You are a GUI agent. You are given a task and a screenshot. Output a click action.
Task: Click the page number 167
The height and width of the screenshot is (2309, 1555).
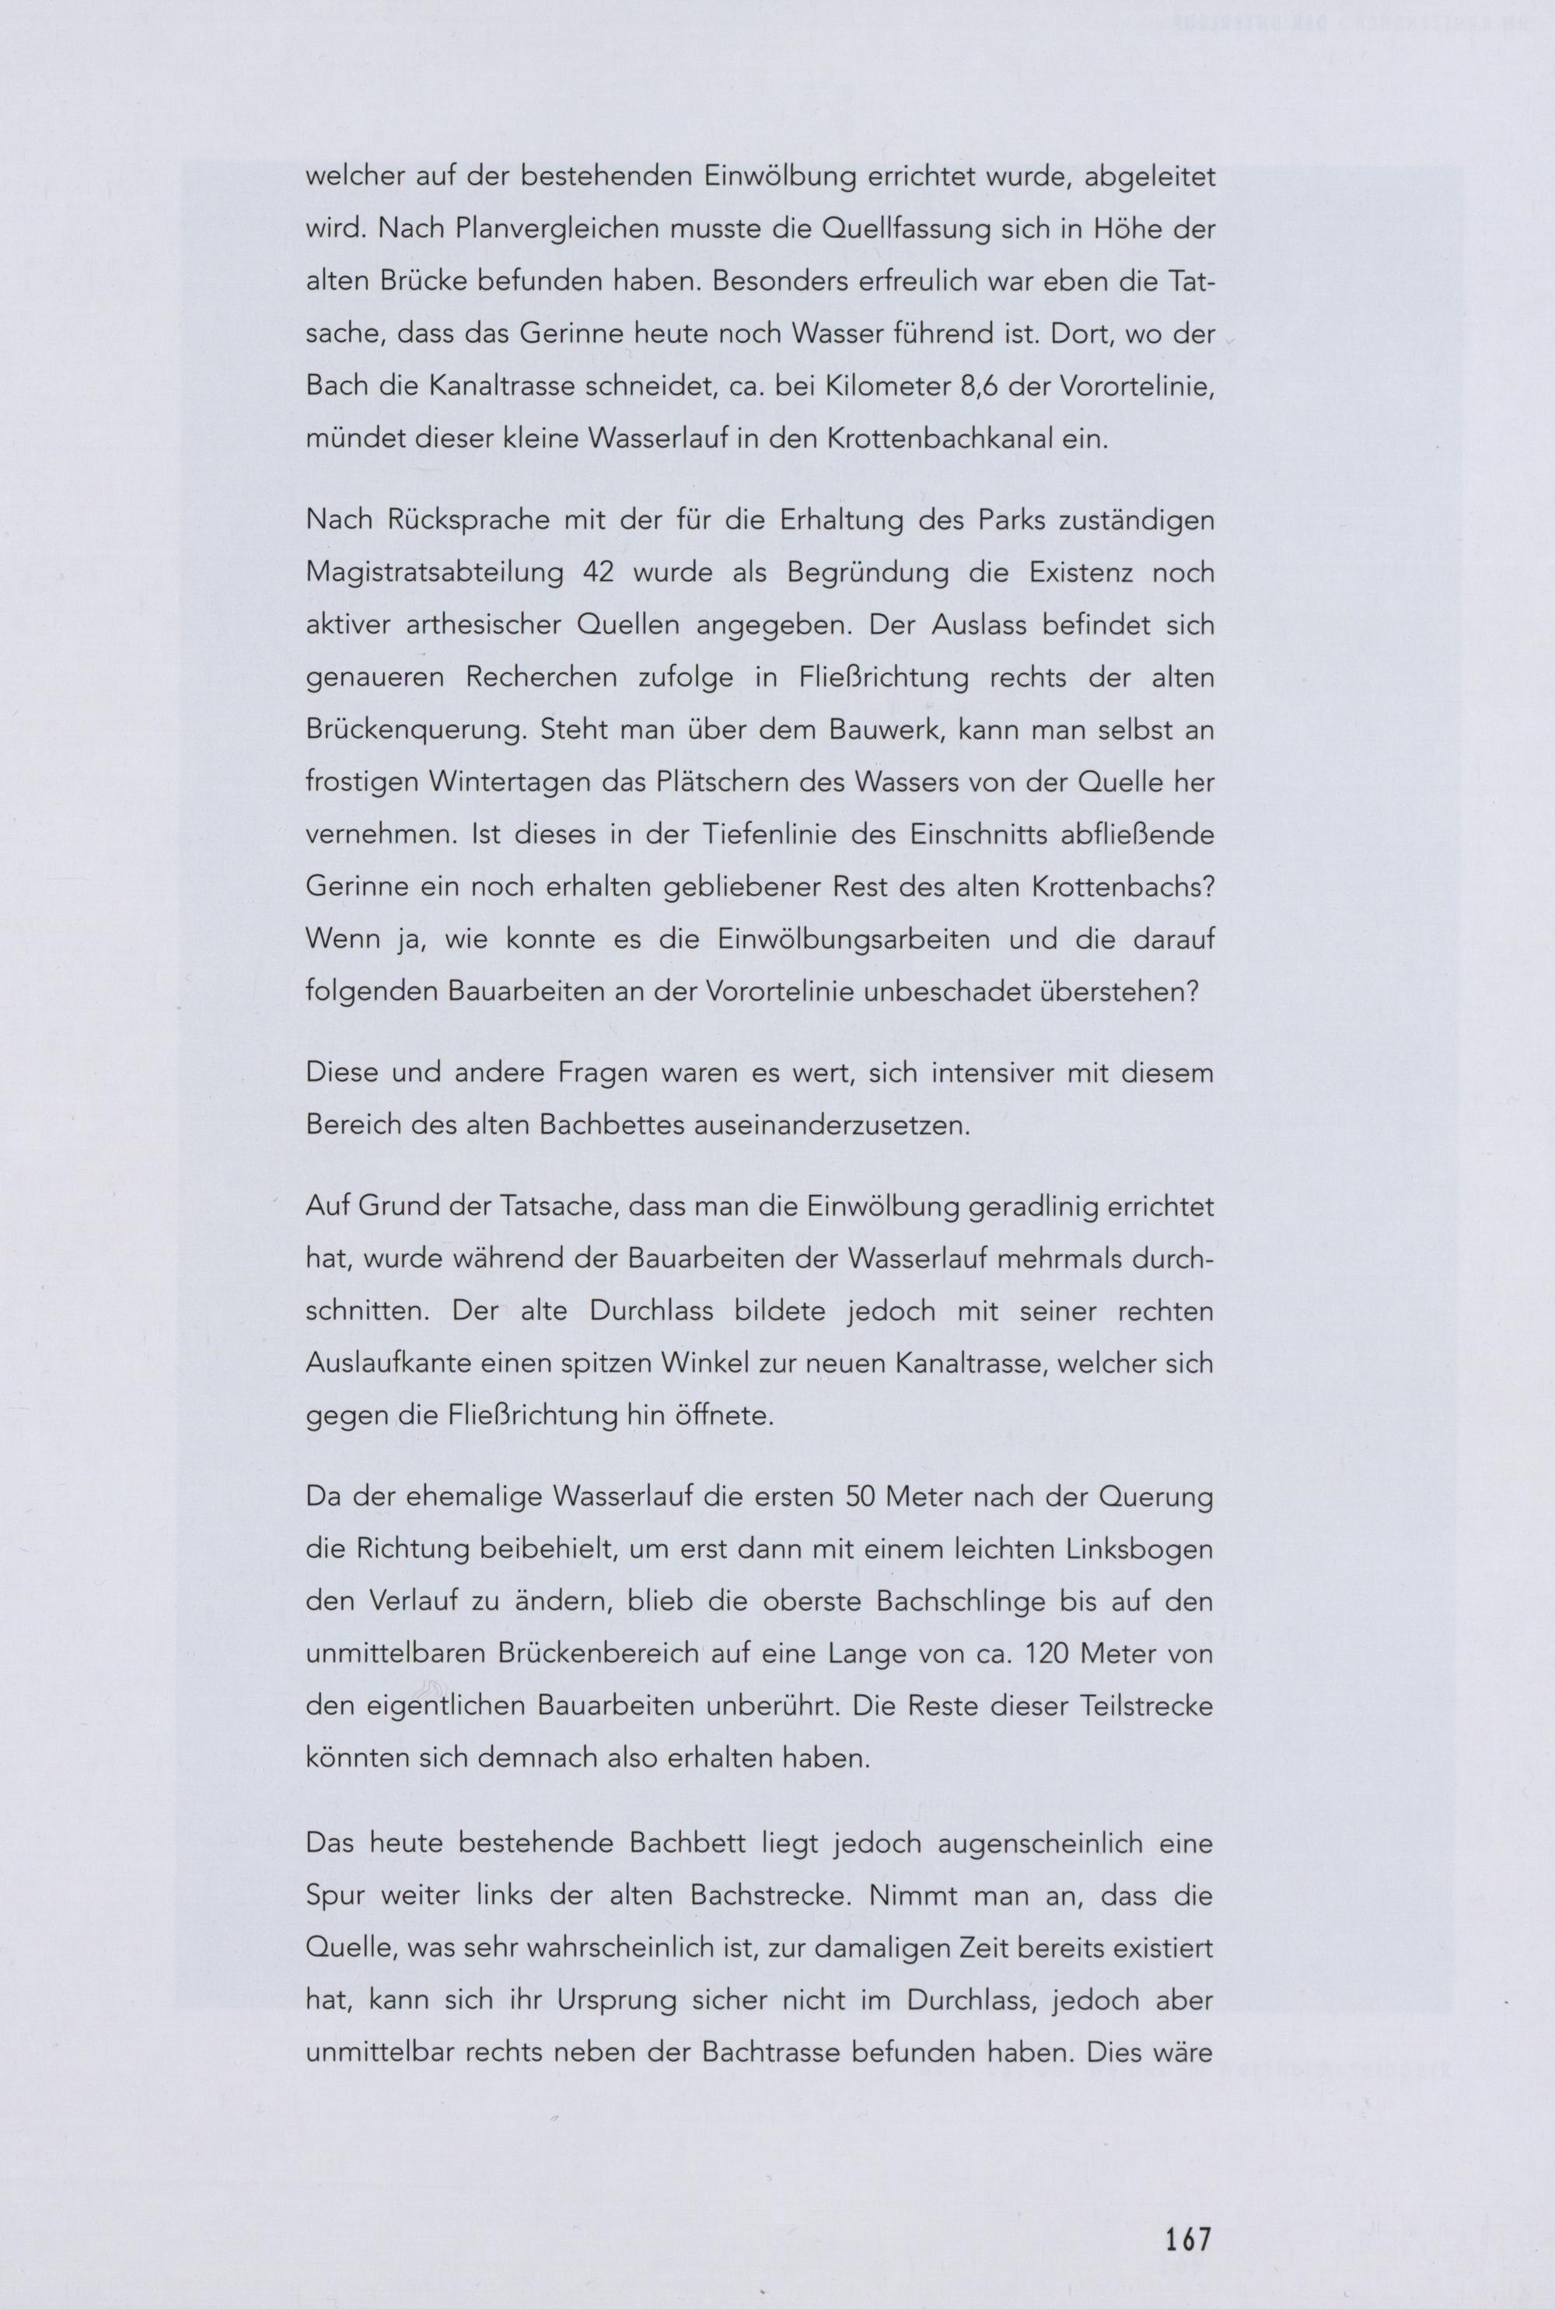tap(1188, 2211)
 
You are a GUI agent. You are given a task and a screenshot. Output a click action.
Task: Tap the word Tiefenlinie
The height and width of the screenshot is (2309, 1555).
tap(792, 835)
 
